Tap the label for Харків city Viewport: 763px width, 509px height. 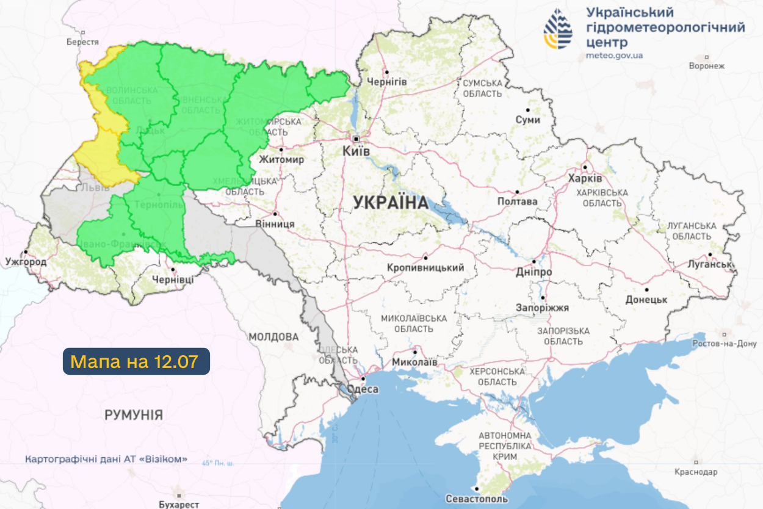[x=585, y=178]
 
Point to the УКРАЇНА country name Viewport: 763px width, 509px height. [x=391, y=203]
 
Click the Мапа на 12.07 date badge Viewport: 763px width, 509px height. [x=136, y=361]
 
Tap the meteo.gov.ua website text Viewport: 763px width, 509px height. [x=614, y=56]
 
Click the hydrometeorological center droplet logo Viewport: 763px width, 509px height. [x=558, y=29]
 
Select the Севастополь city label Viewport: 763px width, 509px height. [x=477, y=499]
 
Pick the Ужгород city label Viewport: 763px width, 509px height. [x=26, y=262]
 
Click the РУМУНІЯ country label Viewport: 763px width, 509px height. [x=134, y=416]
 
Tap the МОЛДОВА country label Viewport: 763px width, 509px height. [x=273, y=337]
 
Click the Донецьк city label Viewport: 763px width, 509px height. [x=646, y=300]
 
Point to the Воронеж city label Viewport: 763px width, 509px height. [x=706, y=66]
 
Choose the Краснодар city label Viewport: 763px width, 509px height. [x=696, y=472]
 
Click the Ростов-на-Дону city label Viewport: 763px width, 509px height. [x=725, y=344]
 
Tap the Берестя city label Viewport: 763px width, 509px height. [x=82, y=42]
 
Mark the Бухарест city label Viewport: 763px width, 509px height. [x=179, y=504]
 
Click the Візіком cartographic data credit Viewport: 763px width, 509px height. [x=106, y=459]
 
